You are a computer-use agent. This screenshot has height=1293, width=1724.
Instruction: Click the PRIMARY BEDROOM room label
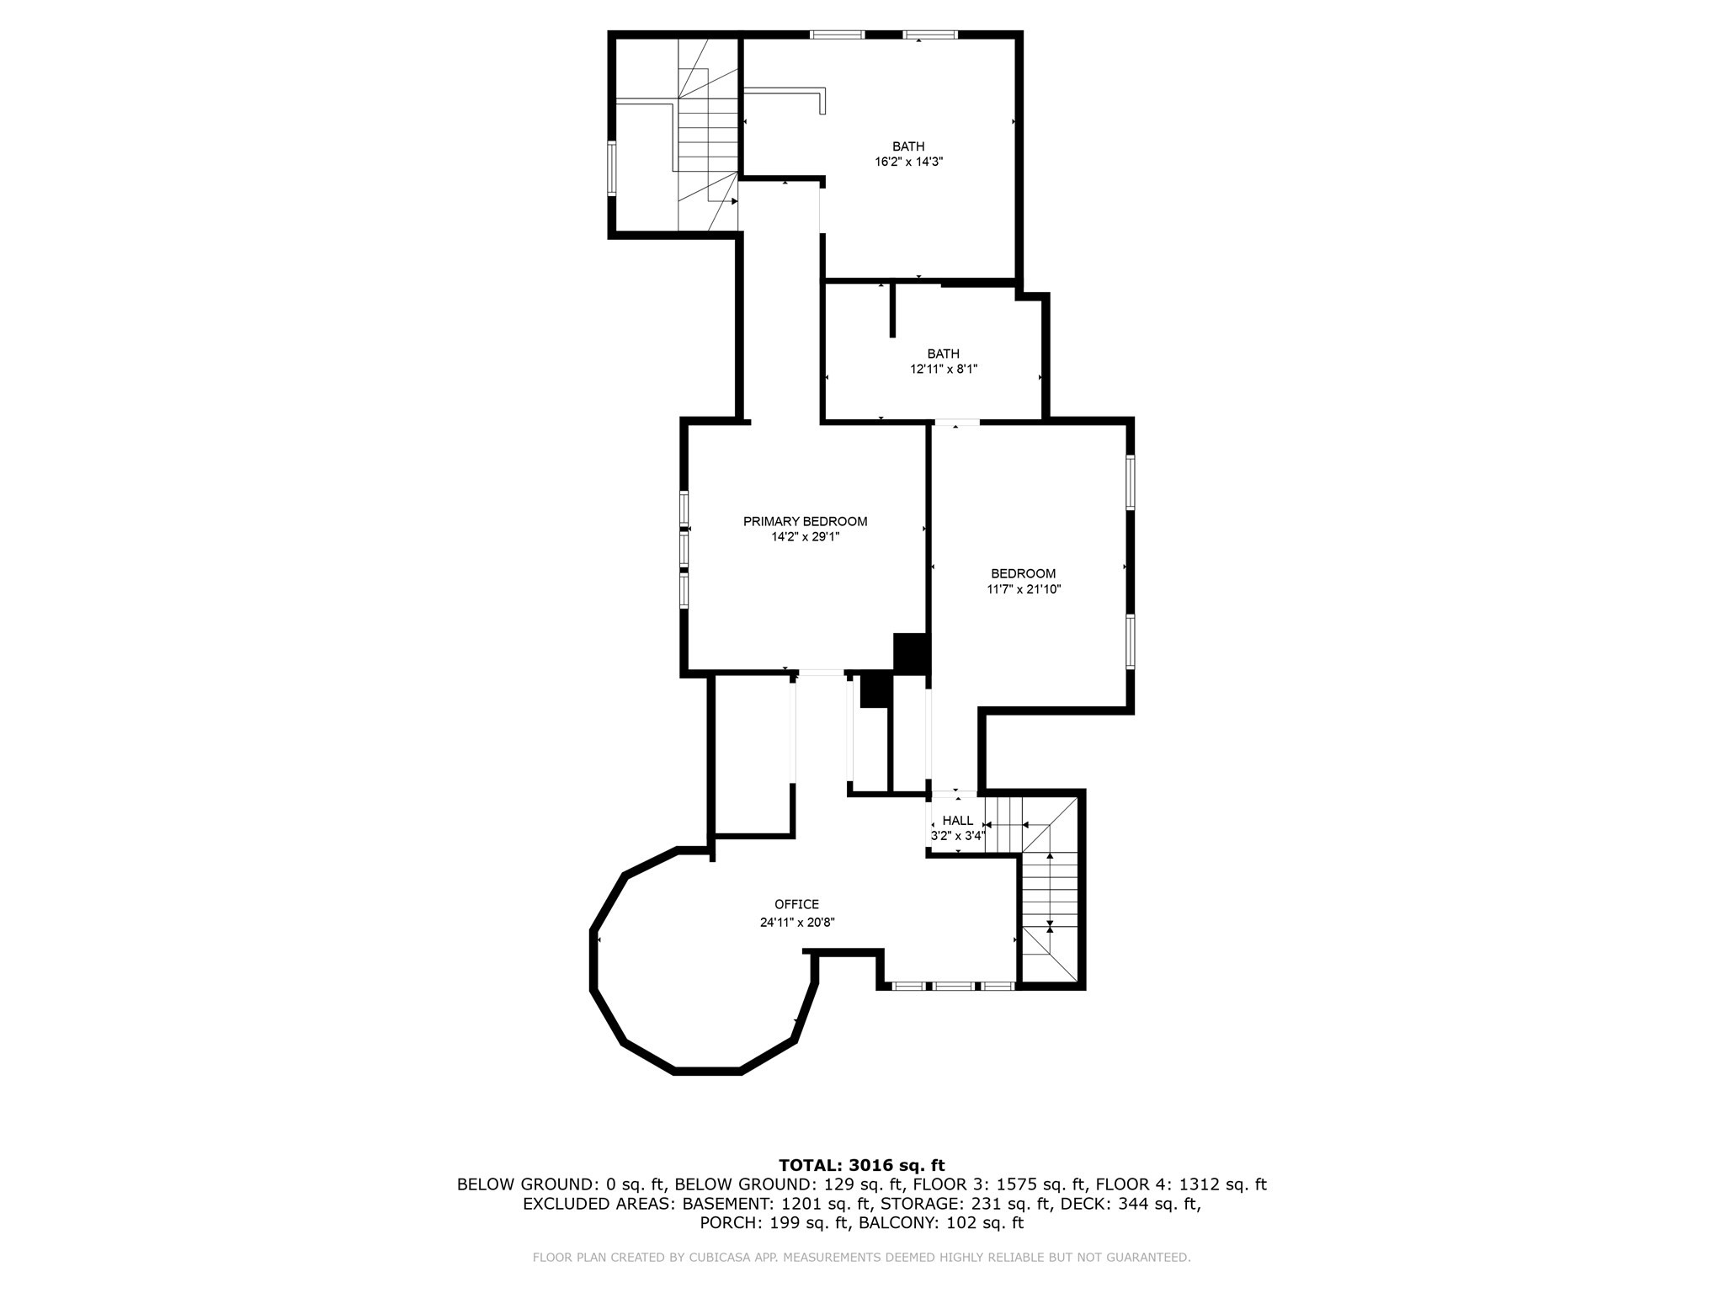805,522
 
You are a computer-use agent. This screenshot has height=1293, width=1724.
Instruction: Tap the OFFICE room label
796,905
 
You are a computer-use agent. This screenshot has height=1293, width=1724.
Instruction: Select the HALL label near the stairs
957,821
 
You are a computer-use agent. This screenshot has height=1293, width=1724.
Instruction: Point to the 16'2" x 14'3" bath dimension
908,162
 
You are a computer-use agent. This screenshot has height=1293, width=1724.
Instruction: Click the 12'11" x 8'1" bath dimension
944,369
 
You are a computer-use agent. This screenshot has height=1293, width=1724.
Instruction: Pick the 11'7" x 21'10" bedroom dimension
1024,589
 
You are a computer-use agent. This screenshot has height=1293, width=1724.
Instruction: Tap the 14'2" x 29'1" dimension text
806,536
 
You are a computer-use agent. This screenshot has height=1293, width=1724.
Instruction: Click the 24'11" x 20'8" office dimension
797,922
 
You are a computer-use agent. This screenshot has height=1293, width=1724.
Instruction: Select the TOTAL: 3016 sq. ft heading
862,1165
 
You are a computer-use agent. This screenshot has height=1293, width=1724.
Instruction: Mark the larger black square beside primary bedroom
910,652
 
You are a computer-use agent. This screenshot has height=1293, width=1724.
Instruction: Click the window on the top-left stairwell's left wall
612,168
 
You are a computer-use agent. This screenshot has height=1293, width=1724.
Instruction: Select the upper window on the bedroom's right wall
1131,482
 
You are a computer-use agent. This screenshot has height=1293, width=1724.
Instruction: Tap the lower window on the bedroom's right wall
1131,641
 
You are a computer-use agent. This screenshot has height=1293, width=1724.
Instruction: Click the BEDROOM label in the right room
1023,574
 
